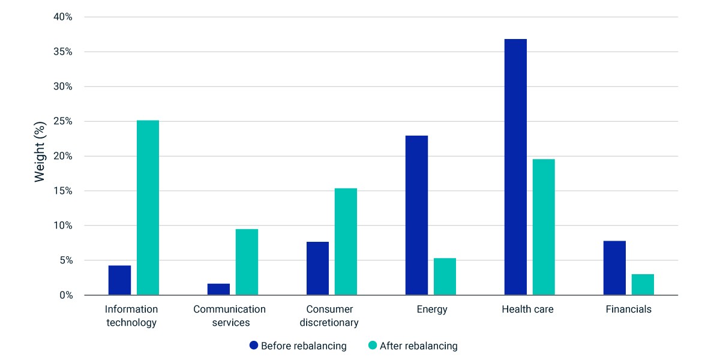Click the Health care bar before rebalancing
point(515,167)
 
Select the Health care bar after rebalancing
point(544,227)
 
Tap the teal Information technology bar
point(148,208)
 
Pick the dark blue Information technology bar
point(119,280)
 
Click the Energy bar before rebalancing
point(416,215)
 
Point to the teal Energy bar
point(445,277)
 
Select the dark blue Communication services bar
point(218,289)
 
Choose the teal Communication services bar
point(247,262)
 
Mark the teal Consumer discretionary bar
point(346,241)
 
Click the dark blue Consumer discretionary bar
point(317,268)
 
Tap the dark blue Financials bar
point(614,268)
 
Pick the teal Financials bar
point(643,284)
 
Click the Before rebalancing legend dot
point(254,345)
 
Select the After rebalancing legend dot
point(373,345)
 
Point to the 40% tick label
point(63,17)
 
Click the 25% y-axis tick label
point(63,121)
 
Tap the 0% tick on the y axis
point(66,295)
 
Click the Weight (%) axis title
point(40,152)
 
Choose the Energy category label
point(432,309)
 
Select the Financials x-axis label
point(629,309)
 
